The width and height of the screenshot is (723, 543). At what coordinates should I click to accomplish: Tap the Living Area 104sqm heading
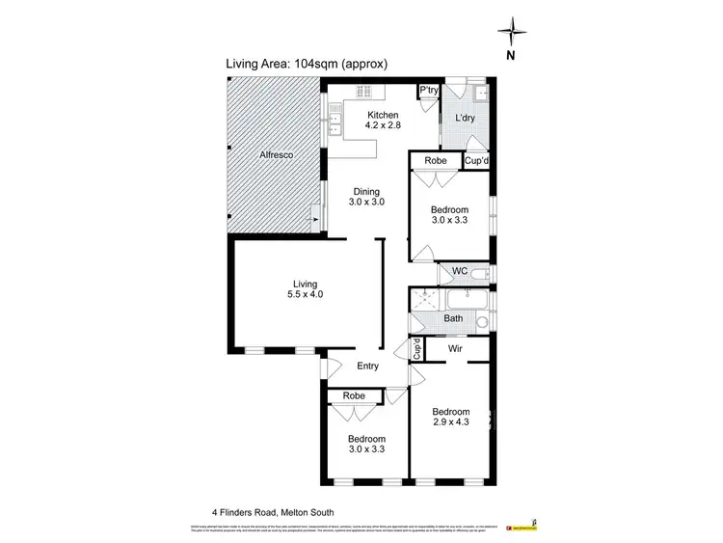coord(306,65)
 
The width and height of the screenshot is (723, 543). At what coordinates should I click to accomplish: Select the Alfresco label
coord(277,154)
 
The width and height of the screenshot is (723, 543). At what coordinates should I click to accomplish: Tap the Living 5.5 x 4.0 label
coord(306,289)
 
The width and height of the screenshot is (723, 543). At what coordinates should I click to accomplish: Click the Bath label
coord(453,317)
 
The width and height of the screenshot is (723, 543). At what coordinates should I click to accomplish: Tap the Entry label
coord(367,367)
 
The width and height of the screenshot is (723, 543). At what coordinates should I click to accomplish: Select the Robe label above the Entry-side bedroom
coord(351,395)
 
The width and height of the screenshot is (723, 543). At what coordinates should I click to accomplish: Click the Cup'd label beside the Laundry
coord(477,161)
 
